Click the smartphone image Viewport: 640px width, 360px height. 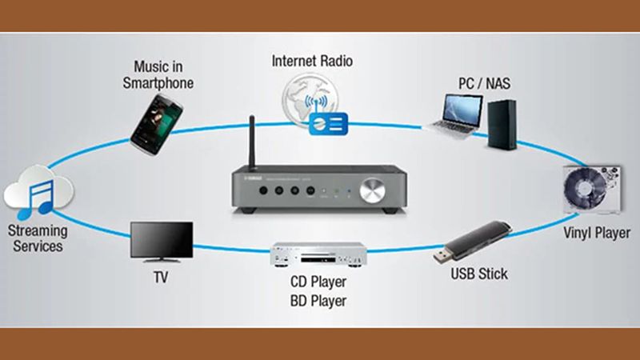[x=157, y=125]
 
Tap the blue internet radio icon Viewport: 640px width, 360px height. [x=328, y=124]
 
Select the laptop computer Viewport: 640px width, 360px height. [x=456, y=115]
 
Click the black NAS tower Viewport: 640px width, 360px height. [x=502, y=125]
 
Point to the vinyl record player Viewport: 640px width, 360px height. [x=592, y=190]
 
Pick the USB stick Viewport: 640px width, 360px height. [x=472, y=242]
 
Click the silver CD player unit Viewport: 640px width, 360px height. [x=318, y=254]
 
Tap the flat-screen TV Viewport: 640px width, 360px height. [x=162, y=242]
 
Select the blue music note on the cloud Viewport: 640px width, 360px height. [x=36, y=199]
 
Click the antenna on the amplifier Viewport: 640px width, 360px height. [x=252, y=142]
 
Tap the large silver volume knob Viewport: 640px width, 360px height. [x=372, y=190]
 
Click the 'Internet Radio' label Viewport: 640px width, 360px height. [x=312, y=62]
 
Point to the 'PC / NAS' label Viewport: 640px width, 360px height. [x=484, y=84]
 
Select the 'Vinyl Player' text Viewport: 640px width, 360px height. [x=597, y=233]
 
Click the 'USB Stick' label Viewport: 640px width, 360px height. [x=479, y=274]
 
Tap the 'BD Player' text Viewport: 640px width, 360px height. [x=318, y=302]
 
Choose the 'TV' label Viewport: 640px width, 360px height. [x=161, y=278]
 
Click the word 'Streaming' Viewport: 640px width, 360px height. [x=38, y=231]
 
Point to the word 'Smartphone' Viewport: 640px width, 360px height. [x=158, y=83]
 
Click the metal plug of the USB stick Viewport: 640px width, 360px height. [x=442, y=255]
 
